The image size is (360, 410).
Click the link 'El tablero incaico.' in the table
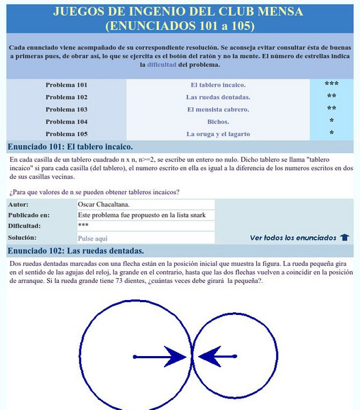pos(217,85)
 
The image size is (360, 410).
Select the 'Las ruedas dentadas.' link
pos(217,96)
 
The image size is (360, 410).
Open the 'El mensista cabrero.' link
pos(217,109)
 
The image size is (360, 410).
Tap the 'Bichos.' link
pos(217,121)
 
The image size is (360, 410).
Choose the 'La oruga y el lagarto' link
pos(217,133)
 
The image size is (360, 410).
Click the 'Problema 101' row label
pos(66,85)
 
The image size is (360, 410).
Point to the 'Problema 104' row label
pos(66,121)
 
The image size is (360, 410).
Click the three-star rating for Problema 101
pos(331,85)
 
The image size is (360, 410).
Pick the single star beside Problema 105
pos(331,133)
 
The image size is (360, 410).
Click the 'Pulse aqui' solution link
pos(93,238)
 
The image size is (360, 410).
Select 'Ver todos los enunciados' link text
pos(293,238)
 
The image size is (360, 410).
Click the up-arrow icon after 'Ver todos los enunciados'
pos(344,238)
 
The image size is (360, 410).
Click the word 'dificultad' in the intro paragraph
pos(158,65)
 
